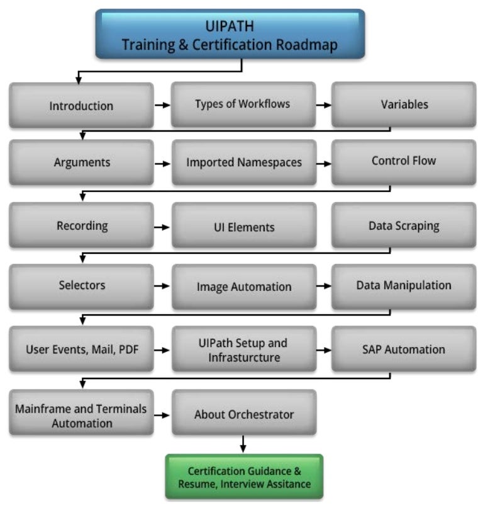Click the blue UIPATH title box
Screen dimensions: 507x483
click(230, 35)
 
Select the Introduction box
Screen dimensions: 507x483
click(81, 105)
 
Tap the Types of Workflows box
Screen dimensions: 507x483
click(243, 104)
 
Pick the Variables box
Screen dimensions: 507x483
click(404, 104)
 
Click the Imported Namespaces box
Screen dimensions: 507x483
click(243, 162)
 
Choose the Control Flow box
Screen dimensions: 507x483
click(404, 161)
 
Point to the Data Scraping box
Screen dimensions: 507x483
click(404, 225)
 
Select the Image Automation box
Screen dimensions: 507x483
click(243, 287)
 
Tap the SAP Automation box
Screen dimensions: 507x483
click(404, 349)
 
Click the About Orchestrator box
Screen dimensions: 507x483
click(243, 414)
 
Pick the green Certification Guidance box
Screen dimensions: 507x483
click(244, 477)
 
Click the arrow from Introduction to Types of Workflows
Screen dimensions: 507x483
click(162, 105)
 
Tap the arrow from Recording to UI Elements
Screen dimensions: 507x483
click(162, 226)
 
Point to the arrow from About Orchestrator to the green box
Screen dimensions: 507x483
click(243, 445)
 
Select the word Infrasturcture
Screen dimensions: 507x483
click(243, 358)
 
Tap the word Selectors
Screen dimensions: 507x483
click(80, 285)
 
